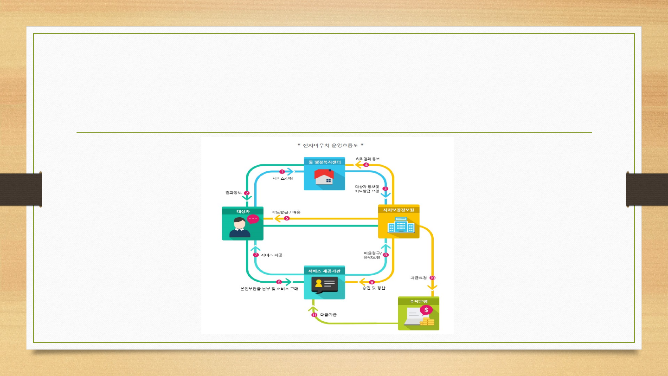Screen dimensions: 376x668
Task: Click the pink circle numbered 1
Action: [x=282, y=172]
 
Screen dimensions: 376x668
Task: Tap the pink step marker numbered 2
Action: [x=247, y=193]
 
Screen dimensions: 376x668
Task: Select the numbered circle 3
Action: [x=385, y=188]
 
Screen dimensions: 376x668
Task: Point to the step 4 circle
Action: [x=366, y=165]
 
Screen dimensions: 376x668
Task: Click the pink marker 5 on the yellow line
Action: [x=287, y=219]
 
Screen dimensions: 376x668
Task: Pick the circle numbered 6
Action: [x=279, y=282]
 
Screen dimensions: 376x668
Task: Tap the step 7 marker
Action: [x=256, y=255]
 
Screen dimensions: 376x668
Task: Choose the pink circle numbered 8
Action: [x=385, y=255]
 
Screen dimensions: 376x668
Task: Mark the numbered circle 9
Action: [x=372, y=282]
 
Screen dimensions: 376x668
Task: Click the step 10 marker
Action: [x=432, y=278]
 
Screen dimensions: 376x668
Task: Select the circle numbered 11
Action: [x=314, y=315]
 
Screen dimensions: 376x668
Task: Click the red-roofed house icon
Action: [x=324, y=177]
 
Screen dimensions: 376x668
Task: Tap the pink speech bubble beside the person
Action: [x=253, y=219]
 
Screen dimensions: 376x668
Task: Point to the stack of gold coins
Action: [x=427, y=322]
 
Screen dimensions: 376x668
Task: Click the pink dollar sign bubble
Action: [x=426, y=310]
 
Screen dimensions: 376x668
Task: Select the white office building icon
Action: [x=398, y=226]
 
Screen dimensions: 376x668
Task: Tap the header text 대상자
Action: [x=243, y=211]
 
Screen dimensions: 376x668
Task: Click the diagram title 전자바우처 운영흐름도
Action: [x=330, y=145]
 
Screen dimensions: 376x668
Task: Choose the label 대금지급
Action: [x=328, y=315]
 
